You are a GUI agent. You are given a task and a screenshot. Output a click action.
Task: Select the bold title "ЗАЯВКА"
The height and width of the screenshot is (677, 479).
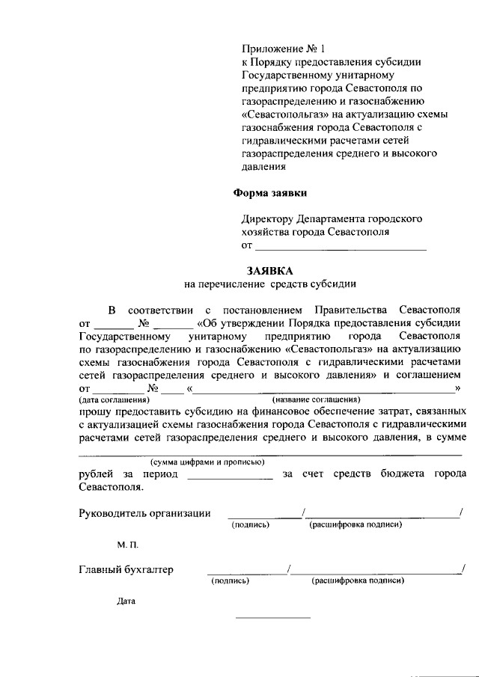pyautogui.click(x=270, y=270)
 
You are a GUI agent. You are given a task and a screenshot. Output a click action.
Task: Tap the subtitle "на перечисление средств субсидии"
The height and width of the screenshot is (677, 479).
pyautogui.click(x=270, y=284)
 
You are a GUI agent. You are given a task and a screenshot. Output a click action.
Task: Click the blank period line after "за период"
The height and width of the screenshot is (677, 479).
pyautogui.click(x=230, y=476)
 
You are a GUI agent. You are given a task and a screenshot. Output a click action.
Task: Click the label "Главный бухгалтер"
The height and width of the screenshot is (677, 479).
pyautogui.click(x=126, y=570)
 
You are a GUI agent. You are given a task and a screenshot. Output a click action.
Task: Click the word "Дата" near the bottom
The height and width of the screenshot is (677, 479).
pyautogui.click(x=126, y=601)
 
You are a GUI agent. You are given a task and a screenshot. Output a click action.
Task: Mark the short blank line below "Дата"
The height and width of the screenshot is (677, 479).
pyautogui.click(x=272, y=617)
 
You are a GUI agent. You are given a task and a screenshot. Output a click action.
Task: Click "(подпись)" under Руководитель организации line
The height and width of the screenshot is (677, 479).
pyautogui.click(x=250, y=524)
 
